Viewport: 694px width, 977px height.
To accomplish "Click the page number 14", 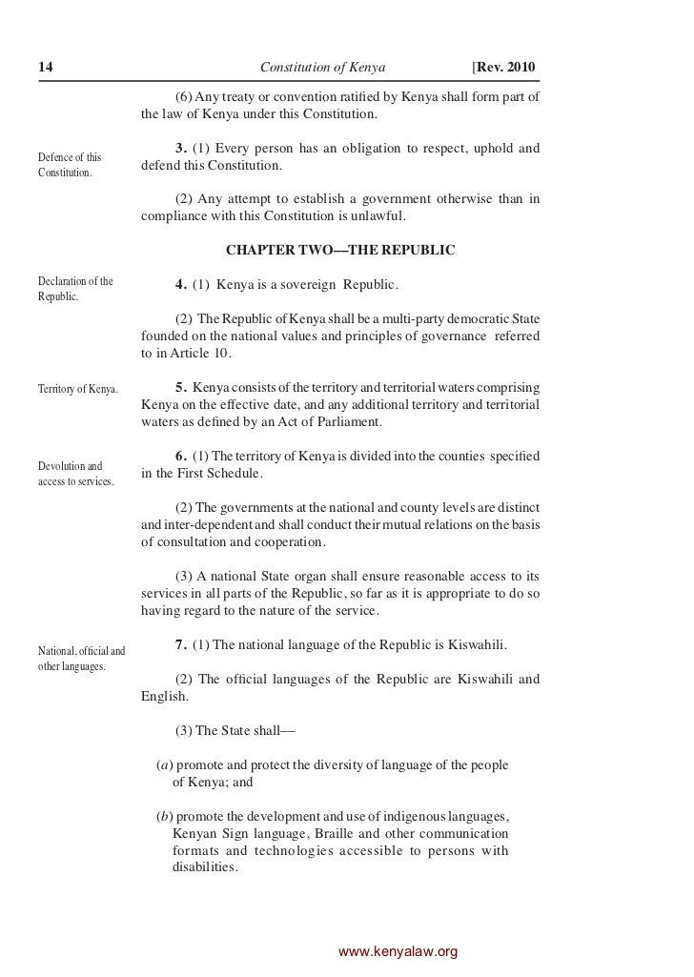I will click(45, 68).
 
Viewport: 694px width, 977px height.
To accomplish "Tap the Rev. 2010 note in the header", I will click(504, 68).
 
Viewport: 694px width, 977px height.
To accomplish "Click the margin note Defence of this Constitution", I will click(71, 164).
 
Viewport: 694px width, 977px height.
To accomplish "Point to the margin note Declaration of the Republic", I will click(75, 289).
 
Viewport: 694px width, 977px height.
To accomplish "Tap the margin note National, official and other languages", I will click(82, 658).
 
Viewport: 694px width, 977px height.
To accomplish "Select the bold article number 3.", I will click(181, 148).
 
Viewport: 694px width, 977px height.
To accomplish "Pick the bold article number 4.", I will click(181, 284).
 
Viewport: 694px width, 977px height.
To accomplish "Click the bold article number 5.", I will click(181, 388).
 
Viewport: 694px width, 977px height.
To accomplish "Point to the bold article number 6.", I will click(181, 457).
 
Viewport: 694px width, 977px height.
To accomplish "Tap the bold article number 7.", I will click(181, 645).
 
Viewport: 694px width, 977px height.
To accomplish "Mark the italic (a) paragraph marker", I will click(164, 765).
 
